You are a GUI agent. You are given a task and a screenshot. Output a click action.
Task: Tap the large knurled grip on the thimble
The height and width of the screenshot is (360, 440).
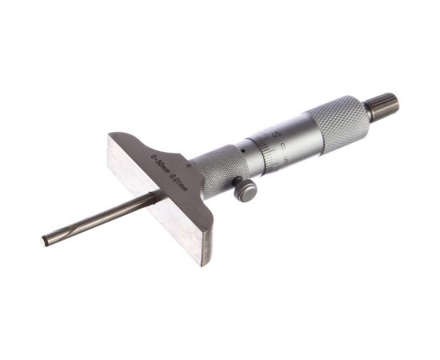pyautogui.click(x=339, y=121)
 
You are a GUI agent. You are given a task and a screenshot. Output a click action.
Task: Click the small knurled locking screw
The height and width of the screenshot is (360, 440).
pyautogui.click(x=246, y=190)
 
